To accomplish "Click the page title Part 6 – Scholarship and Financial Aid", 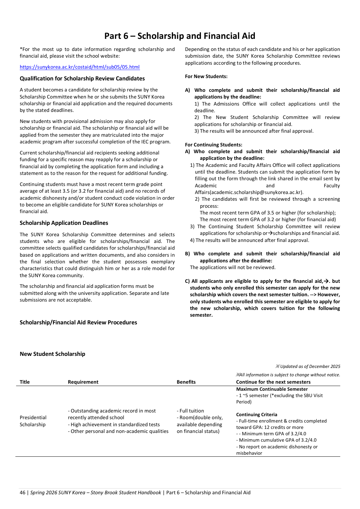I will click(179, 36).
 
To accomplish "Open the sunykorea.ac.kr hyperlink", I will click(80, 67).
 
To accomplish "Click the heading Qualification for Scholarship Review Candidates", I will click(82, 78).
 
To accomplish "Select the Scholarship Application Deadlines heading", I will click(64, 223).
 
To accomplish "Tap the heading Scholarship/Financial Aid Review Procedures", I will click(78, 322).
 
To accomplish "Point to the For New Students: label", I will click(206, 76).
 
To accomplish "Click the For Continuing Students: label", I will click(213, 145).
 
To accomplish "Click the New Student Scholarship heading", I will click(52, 354).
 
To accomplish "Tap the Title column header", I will click(24, 382).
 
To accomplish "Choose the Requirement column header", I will click(83, 382).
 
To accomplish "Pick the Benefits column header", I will click(186, 382).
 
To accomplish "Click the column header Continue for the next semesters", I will click(273, 382).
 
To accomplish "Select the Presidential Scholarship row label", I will click(33, 421).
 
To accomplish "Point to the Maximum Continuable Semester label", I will click(272, 389).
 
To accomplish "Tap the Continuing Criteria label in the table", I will click(257, 415).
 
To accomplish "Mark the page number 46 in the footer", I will click(22, 493).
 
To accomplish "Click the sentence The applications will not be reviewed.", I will click(232, 267).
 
